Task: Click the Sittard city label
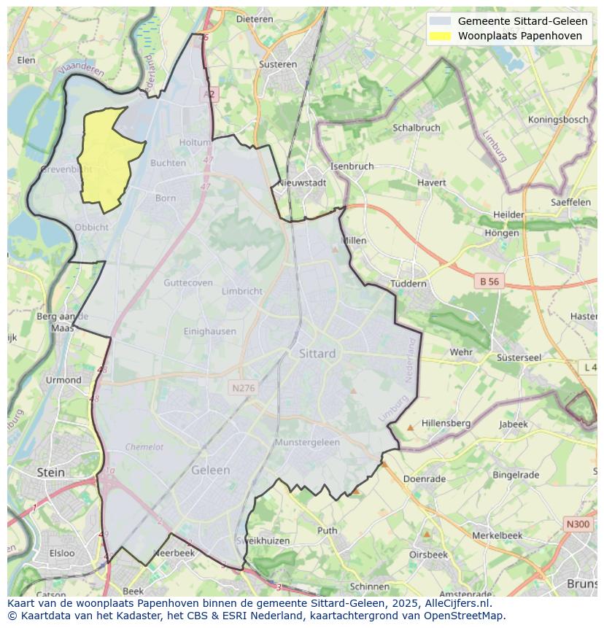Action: pyautogui.click(x=317, y=354)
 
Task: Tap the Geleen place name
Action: pyautogui.click(x=210, y=470)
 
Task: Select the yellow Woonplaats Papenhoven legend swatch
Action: pyautogui.click(x=440, y=36)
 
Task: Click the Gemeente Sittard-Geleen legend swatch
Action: pyautogui.click(x=440, y=21)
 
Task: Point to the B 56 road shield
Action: pyautogui.click(x=489, y=281)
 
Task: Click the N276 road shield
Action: pyautogui.click(x=243, y=388)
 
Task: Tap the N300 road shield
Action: pyautogui.click(x=578, y=524)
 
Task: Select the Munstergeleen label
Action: pyautogui.click(x=307, y=443)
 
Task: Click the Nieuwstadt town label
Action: pyautogui.click(x=302, y=183)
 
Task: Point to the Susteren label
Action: pyautogui.click(x=278, y=64)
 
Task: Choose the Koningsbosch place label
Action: pyautogui.click(x=558, y=120)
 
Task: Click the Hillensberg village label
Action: pyautogui.click(x=446, y=423)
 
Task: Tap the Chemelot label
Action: pyautogui.click(x=144, y=447)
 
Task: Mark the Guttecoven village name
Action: pyautogui.click(x=188, y=283)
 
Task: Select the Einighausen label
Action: pyautogui.click(x=210, y=331)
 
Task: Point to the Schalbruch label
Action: pyautogui.click(x=417, y=128)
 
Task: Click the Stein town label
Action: pyautogui.click(x=50, y=473)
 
